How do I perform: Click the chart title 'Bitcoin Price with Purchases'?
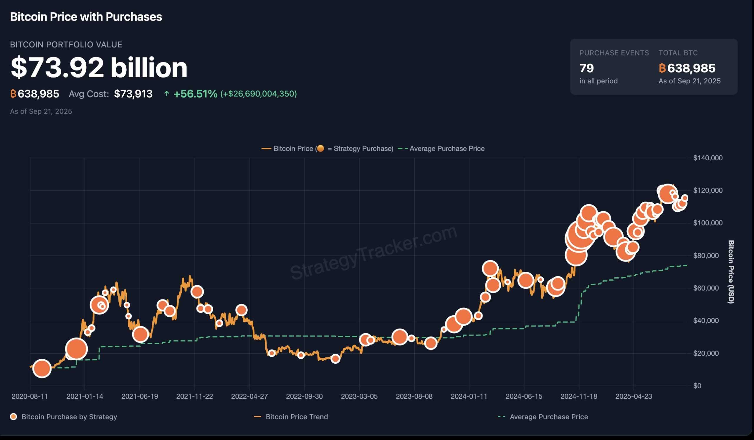pos(86,17)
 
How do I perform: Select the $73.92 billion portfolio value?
pos(99,68)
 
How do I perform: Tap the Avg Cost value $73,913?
pos(133,94)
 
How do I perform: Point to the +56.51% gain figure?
pos(195,94)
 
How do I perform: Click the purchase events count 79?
pos(586,68)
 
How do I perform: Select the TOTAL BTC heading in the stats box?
pos(678,53)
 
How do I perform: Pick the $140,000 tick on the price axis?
pos(708,158)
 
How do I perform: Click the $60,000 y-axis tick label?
pos(705,288)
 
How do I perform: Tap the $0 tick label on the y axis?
pos(697,386)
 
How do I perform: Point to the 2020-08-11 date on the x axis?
pos(30,396)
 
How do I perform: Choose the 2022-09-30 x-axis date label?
pos(304,396)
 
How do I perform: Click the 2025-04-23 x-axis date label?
pos(634,396)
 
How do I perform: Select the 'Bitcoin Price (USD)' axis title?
pos(731,272)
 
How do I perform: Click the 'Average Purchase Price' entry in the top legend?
pos(447,149)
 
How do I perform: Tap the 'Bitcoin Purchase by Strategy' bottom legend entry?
pos(69,417)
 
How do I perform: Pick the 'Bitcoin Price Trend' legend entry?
pos(297,417)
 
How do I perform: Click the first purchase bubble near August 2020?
pos(42,368)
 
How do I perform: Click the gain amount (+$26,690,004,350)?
pos(259,94)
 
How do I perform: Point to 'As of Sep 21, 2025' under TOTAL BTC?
pos(689,81)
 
